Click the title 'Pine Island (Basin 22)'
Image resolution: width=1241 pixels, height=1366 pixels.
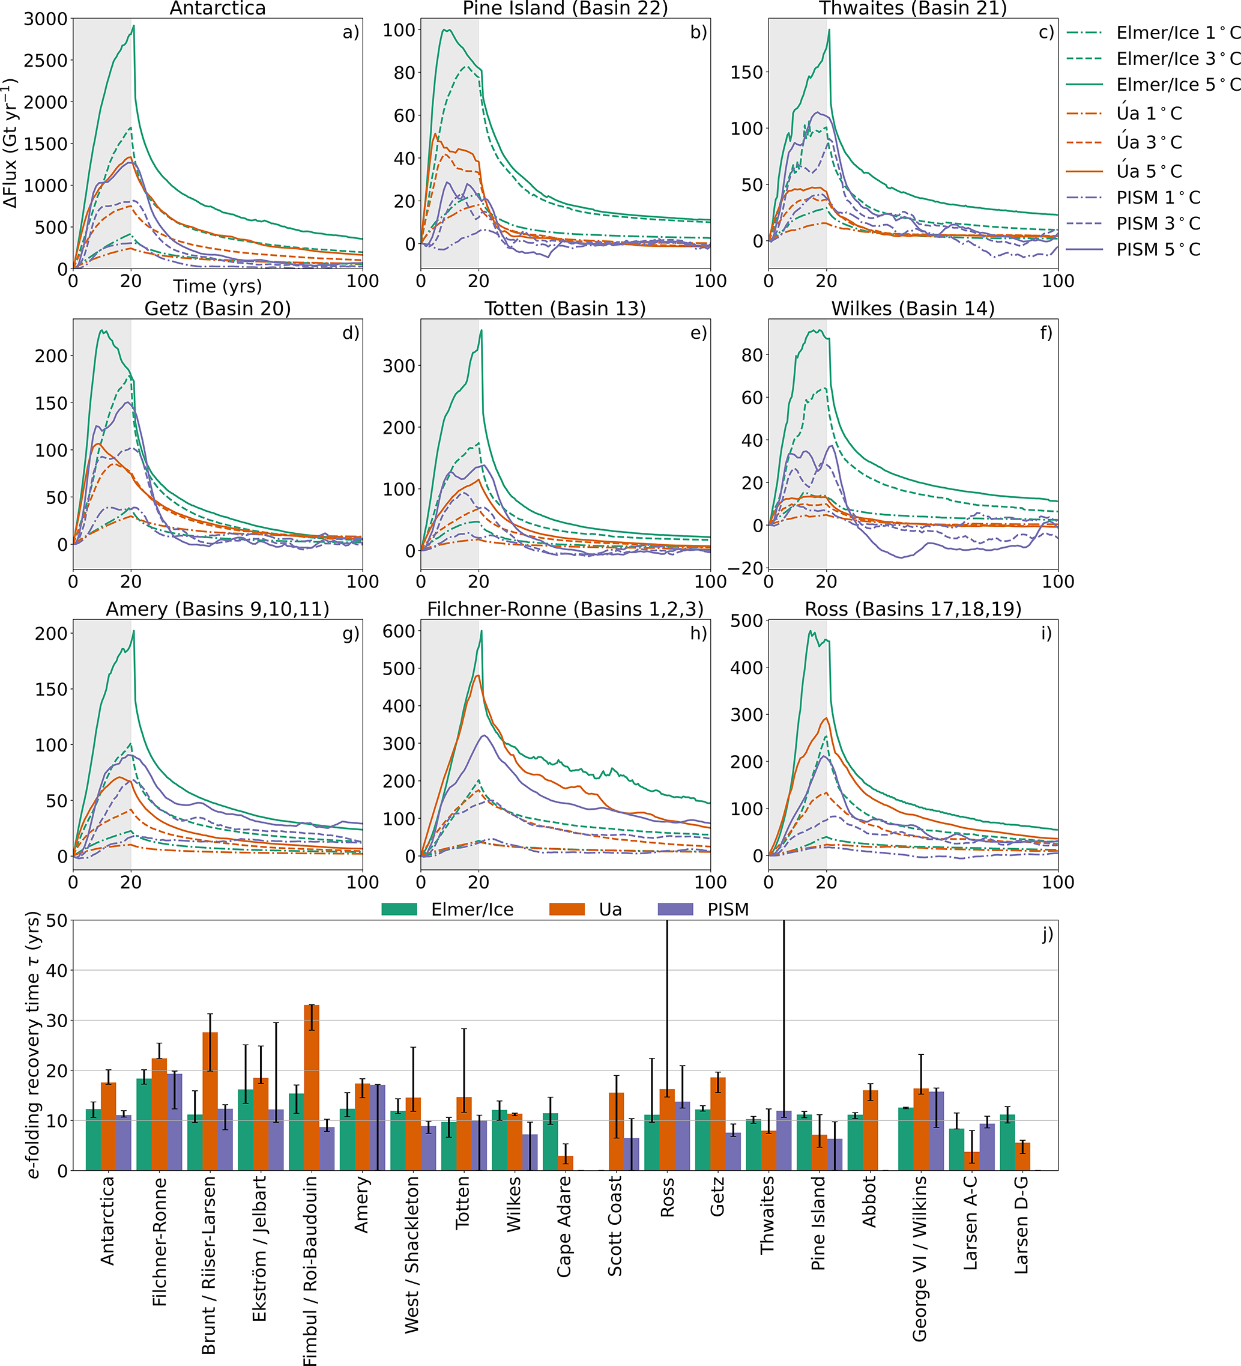click(565, 9)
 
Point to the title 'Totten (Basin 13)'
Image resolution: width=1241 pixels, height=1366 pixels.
click(565, 309)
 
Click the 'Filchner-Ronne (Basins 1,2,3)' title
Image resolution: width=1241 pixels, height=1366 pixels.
click(565, 609)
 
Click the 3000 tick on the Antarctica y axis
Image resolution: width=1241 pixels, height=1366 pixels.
click(46, 19)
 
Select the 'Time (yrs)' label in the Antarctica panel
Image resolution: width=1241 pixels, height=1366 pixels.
click(217, 286)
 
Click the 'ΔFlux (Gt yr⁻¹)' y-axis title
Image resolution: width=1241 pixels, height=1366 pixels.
click(11, 143)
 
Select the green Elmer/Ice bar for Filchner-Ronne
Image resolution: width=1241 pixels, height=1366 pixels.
click(144, 1124)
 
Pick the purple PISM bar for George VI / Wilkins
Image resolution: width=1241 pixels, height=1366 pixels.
click(936, 1131)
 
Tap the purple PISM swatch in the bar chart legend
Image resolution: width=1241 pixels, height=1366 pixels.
click(675, 909)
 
